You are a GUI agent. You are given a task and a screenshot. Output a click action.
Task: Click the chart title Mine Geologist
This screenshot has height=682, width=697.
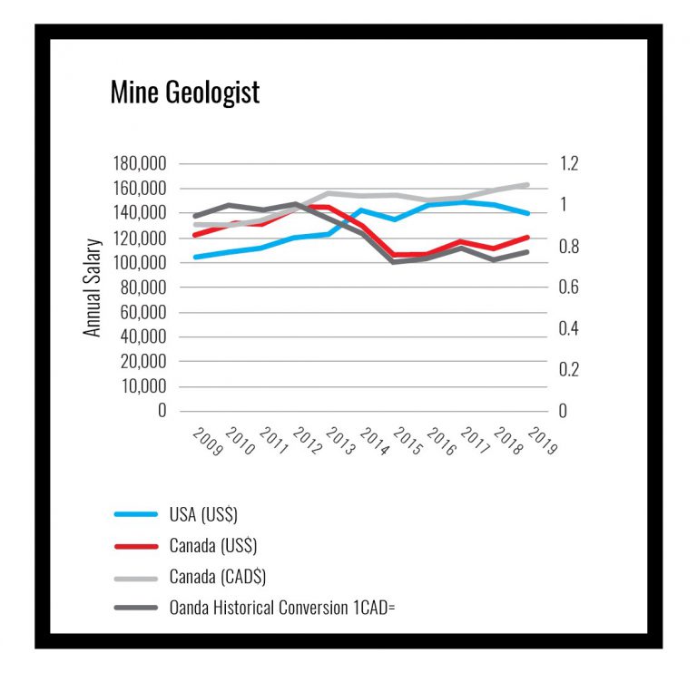click(x=184, y=92)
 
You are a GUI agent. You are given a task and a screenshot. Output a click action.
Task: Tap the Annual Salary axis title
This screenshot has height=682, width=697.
click(x=93, y=287)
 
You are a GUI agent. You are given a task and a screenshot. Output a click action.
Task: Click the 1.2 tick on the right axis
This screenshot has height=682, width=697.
click(x=569, y=164)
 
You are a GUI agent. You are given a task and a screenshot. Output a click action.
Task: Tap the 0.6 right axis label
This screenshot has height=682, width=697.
click(x=569, y=287)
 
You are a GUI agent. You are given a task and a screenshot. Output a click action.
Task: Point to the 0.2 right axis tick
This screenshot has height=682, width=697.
click(x=569, y=370)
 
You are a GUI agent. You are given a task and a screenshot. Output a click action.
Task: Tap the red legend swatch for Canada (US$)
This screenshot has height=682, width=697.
click(x=137, y=546)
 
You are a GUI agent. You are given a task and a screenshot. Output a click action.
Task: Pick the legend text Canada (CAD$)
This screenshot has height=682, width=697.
click(x=218, y=577)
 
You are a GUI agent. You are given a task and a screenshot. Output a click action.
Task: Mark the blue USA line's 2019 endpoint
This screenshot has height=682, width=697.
click(x=528, y=214)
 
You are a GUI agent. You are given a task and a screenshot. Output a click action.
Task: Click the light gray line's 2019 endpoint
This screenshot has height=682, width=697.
click(x=528, y=185)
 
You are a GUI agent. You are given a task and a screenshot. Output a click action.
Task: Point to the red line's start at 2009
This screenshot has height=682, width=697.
click(x=194, y=235)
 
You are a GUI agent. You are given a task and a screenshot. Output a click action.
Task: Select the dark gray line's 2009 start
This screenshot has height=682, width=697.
click(x=194, y=216)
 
